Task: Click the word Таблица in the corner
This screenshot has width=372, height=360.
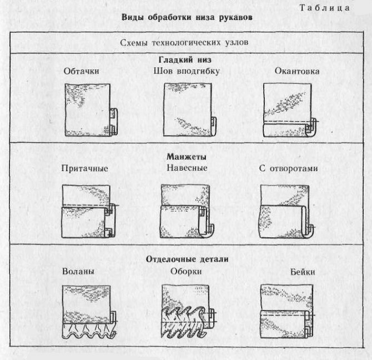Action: pyautogui.click(x=324, y=8)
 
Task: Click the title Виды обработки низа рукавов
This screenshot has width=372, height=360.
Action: pyautogui.click(x=187, y=17)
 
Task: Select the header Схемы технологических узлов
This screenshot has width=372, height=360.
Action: pyautogui.click(x=187, y=42)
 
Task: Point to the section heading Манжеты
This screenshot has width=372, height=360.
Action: pyautogui.click(x=187, y=157)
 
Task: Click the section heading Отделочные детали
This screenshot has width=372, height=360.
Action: pyautogui.click(x=187, y=259)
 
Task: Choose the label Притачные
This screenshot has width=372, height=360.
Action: pyautogui.click(x=85, y=168)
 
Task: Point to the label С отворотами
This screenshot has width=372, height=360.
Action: pyautogui.click(x=289, y=168)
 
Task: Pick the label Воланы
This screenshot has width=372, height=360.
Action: pyautogui.click(x=78, y=271)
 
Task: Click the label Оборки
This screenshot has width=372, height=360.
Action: pyautogui.click(x=186, y=271)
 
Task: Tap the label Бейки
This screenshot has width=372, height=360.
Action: pyautogui.click(x=288, y=272)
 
